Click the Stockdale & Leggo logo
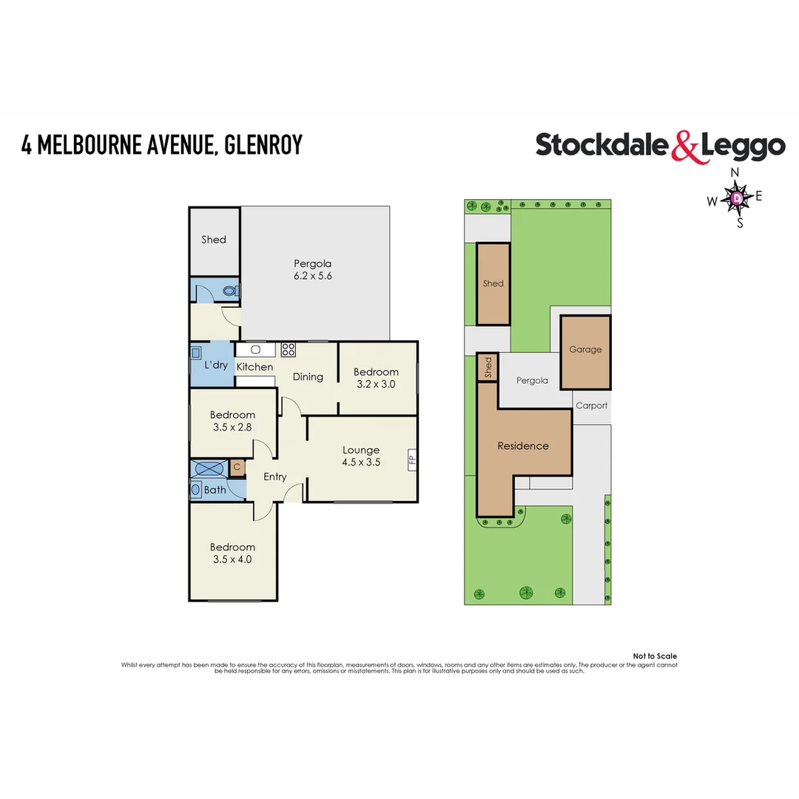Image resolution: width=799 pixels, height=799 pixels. [660, 146]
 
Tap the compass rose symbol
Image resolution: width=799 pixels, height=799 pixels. [737, 198]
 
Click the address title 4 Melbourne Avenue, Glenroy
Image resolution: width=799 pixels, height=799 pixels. [162, 144]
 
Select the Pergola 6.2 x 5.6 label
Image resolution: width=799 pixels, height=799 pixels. [312, 269]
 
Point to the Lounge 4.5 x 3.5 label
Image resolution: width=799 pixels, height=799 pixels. [360, 456]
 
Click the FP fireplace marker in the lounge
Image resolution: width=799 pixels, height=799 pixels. [411, 459]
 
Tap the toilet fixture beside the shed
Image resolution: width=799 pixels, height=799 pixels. [231, 291]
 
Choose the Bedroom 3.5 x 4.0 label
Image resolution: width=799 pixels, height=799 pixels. [232, 553]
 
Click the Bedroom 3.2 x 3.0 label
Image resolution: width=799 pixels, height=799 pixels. [376, 378]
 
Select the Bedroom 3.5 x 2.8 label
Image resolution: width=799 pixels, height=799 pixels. [232, 421]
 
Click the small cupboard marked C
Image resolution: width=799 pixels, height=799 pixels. [237, 467]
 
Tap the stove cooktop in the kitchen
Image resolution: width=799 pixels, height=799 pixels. [288, 350]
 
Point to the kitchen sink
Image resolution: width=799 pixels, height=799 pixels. [257, 350]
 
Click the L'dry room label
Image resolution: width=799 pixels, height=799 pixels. [215, 365]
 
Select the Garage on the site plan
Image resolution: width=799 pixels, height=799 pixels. [585, 351]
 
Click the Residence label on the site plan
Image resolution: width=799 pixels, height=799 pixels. [523, 445]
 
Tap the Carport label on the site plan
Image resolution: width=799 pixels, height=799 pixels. [591, 405]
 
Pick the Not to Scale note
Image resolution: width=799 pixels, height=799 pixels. [655, 656]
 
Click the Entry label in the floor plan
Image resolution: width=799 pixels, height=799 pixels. [274, 476]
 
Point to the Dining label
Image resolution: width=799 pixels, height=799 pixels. [308, 377]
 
